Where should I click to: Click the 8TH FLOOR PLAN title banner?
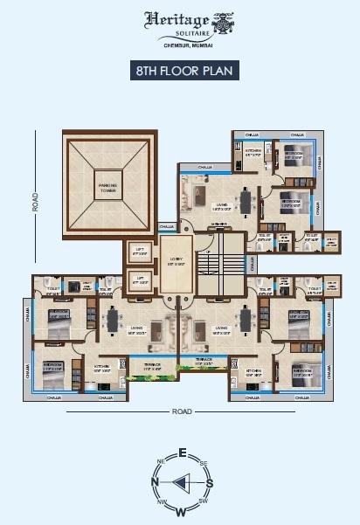click(x=180, y=71)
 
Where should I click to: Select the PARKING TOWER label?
click(x=107, y=184)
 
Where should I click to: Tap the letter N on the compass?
click(x=154, y=481)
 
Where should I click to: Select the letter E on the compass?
click(x=182, y=452)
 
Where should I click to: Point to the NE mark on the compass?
click(x=160, y=461)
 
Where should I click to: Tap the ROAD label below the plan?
click(x=182, y=411)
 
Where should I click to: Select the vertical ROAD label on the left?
click(x=35, y=203)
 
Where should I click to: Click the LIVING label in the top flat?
click(x=211, y=207)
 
